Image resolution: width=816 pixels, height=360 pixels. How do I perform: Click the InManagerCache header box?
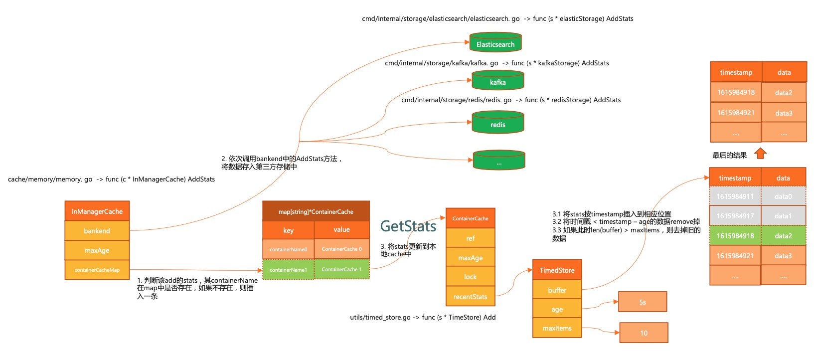point(97,211)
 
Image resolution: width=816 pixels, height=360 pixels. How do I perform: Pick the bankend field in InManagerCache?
point(97,231)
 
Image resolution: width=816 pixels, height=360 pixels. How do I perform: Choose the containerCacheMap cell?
point(97,270)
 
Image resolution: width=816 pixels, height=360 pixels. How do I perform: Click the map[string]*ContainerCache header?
point(316,211)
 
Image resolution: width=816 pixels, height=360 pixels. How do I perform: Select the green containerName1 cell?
point(289,270)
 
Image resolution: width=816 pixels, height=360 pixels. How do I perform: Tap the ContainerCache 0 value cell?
point(342,249)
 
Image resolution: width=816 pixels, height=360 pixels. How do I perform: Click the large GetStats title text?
point(408,226)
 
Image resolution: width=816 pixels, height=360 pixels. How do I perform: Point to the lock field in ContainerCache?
point(470,277)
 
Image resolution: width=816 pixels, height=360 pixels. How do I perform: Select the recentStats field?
point(470,297)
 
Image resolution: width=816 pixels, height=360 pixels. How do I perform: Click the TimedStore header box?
point(557,270)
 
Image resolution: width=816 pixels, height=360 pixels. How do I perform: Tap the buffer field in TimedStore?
point(557,290)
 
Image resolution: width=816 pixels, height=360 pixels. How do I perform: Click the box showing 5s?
point(643,302)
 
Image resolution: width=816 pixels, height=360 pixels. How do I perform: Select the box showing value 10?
point(644,333)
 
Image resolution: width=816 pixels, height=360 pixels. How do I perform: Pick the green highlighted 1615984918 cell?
point(735,236)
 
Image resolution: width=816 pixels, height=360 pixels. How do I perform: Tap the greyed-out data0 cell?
point(783,196)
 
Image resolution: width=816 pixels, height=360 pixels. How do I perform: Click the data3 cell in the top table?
point(784,113)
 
